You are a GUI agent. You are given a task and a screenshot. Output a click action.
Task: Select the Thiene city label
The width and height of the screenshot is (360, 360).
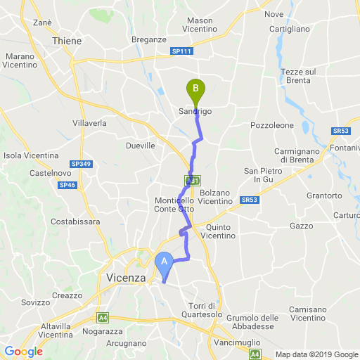point(67,41)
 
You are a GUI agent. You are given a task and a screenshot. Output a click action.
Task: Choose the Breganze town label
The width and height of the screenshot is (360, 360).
point(148,40)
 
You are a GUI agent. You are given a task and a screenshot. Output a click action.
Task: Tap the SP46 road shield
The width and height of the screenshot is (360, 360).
point(67,185)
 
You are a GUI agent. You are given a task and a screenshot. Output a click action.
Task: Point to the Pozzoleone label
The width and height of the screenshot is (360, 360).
point(272,124)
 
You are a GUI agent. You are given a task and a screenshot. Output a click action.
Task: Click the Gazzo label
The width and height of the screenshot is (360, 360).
point(301,226)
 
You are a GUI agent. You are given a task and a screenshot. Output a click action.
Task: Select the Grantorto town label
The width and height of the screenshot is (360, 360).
point(324,195)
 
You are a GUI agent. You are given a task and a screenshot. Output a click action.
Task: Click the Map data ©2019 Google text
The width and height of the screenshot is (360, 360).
point(316,354)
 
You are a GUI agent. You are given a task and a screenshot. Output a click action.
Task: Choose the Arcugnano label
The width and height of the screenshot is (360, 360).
point(127,344)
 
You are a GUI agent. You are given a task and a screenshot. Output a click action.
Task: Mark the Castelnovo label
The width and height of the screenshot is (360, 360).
point(49,172)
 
